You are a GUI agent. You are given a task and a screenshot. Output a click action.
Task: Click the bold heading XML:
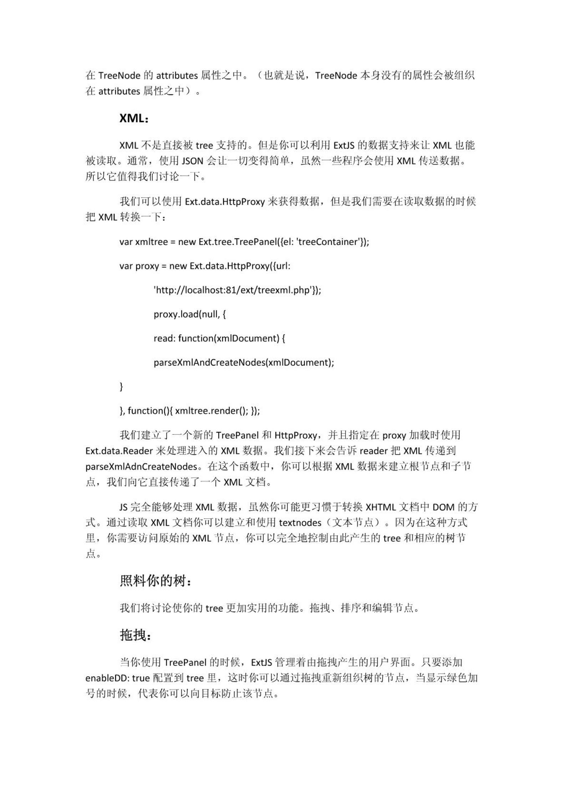(x=134, y=118)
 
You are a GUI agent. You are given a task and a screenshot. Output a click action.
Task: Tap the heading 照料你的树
(x=156, y=581)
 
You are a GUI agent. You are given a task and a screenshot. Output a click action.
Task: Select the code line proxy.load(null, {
(x=189, y=314)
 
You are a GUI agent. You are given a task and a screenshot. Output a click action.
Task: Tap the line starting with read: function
(x=219, y=338)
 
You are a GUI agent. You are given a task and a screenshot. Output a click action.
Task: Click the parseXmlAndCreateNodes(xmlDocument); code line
(x=244, y=362)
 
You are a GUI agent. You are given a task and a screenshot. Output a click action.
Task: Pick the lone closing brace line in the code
(x=121, y=386)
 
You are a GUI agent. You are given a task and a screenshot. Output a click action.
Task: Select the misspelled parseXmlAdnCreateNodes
(x=141, y=467)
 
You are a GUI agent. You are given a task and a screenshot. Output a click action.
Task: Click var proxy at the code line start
(x=139, y=266)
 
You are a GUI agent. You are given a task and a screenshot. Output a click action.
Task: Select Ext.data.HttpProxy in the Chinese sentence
(x=225, y=202)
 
